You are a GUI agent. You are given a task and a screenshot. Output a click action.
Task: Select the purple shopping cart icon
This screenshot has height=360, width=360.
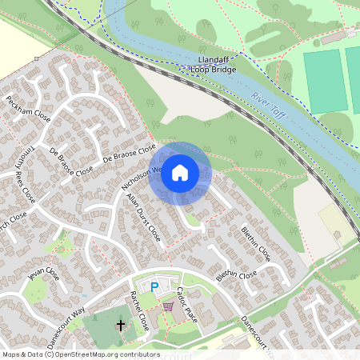click(x=167, y=306)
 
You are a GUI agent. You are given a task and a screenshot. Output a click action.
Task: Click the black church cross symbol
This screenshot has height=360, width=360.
click(x=122, y=326)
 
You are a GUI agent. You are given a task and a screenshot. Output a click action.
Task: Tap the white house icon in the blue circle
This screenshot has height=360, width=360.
click(x=180, y=173)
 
